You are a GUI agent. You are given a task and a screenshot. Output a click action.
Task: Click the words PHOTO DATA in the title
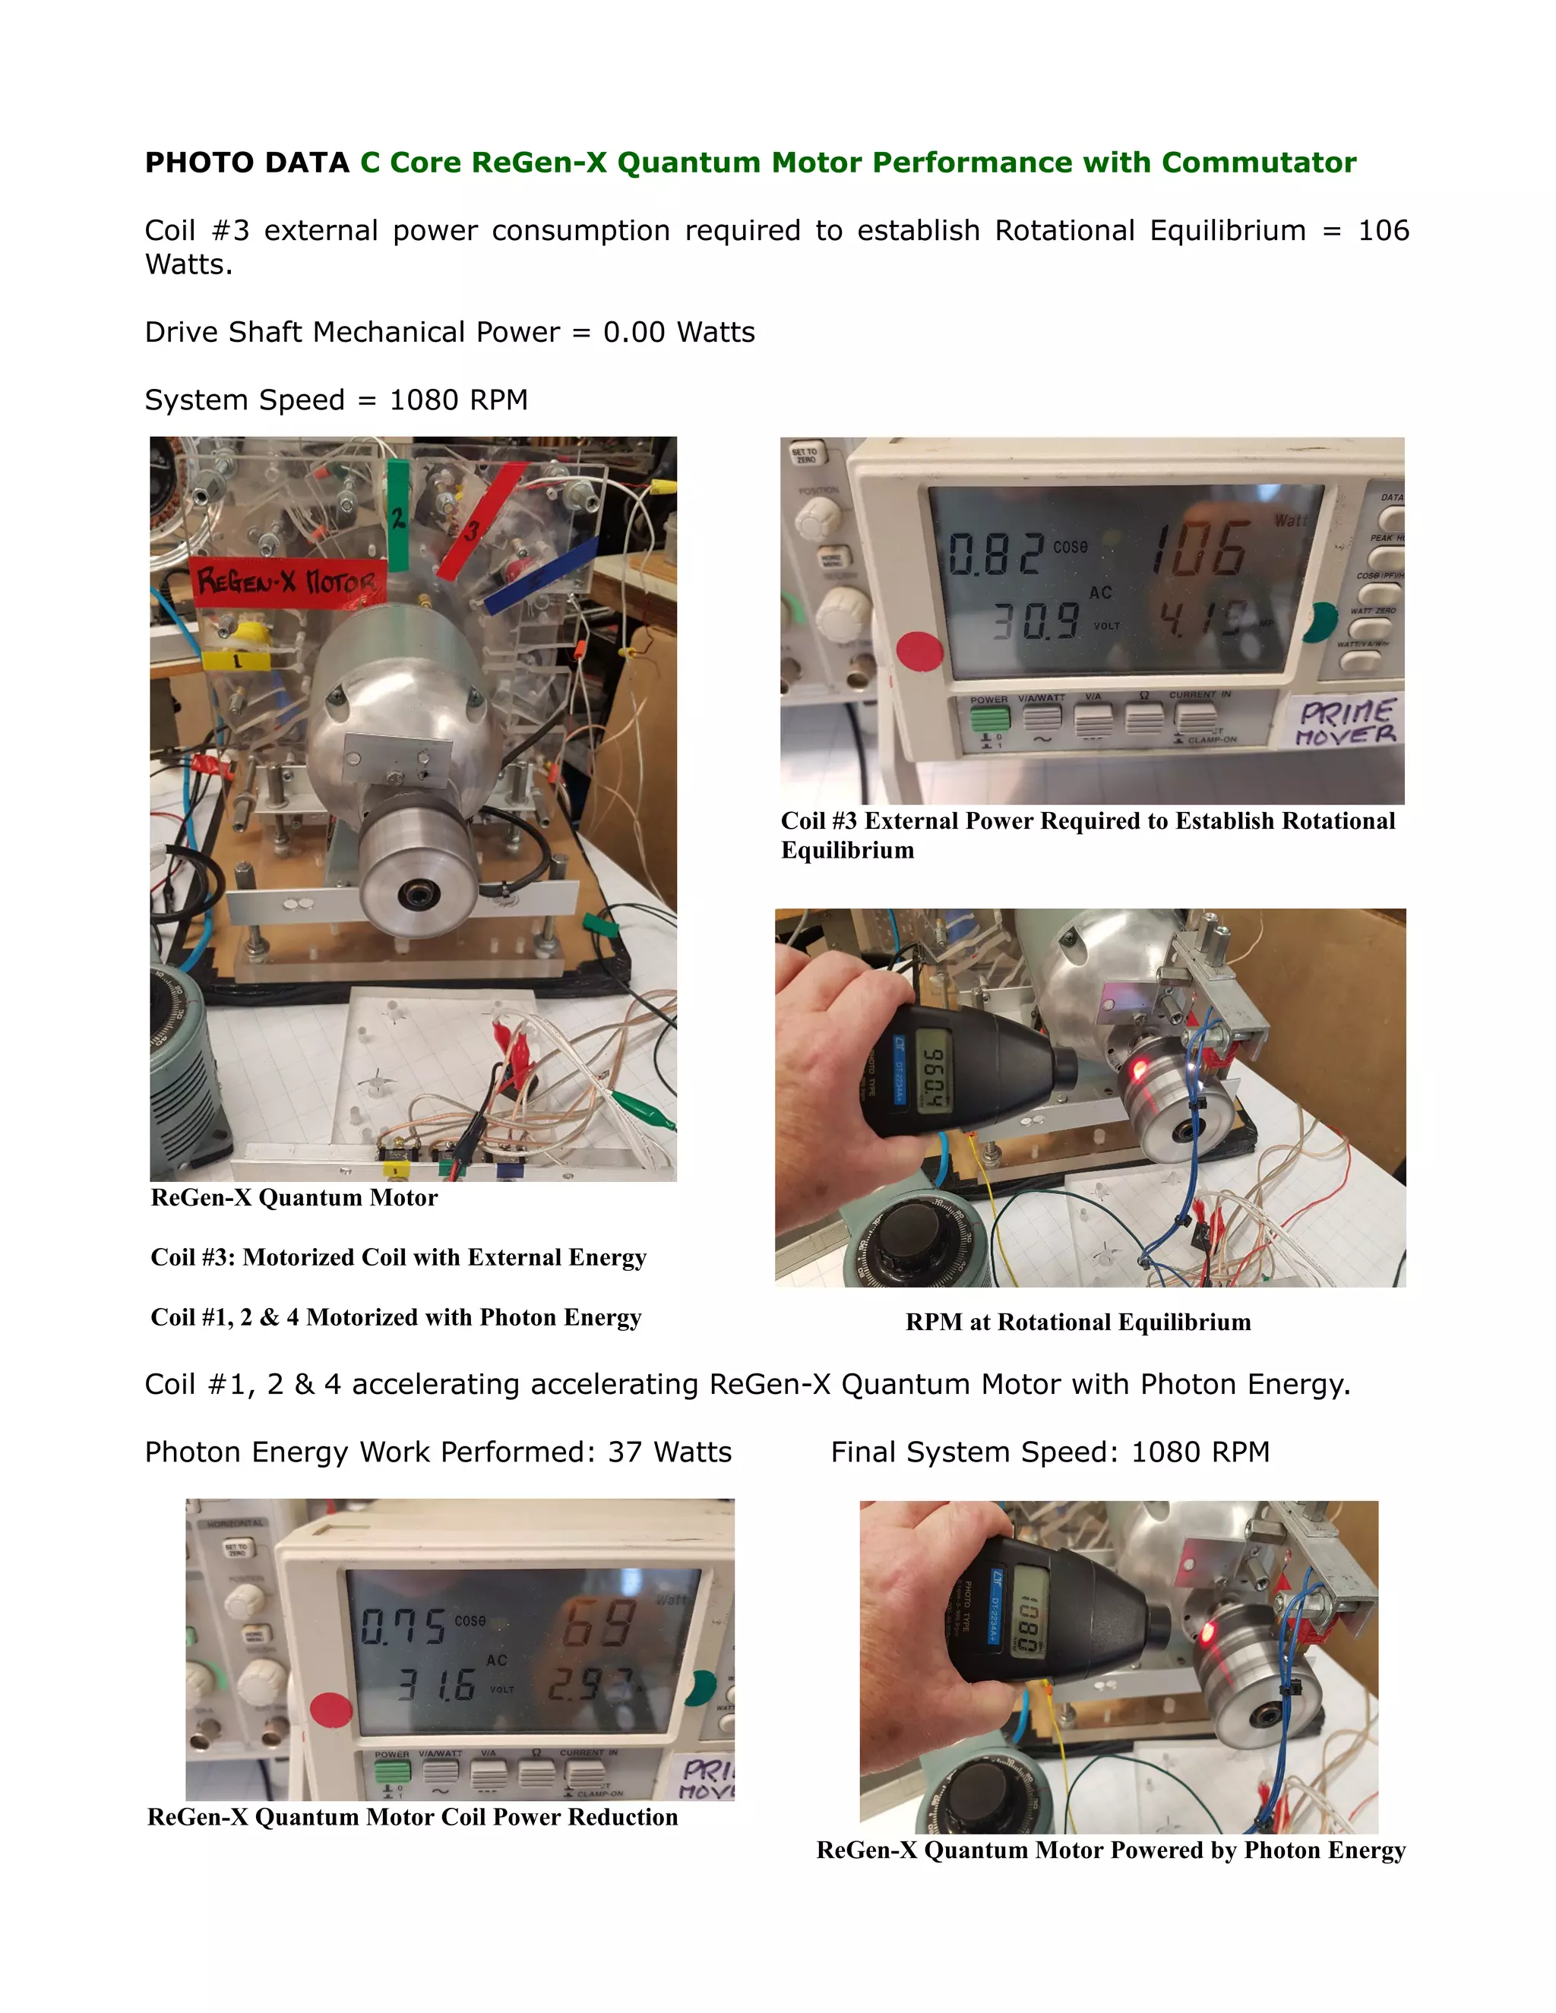coord(246,163)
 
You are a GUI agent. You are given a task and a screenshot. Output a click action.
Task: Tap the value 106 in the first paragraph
coord(1383,230)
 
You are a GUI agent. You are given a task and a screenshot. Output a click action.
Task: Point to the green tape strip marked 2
coord(397,516)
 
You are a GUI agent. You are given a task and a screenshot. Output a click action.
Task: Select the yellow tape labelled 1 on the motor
coord(237,660)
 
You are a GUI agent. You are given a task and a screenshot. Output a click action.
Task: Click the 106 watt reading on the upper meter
coord(1200,550)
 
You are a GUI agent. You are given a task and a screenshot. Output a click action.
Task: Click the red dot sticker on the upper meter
coord(919,649)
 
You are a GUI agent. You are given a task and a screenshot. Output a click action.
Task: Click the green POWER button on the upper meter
coord(989,717)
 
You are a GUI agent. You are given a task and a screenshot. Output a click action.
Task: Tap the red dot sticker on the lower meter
coord(331,1710)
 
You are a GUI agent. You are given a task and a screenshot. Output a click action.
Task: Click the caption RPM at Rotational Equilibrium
coord(1077,1322)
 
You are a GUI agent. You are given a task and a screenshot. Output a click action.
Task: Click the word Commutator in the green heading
coord(1258,163)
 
